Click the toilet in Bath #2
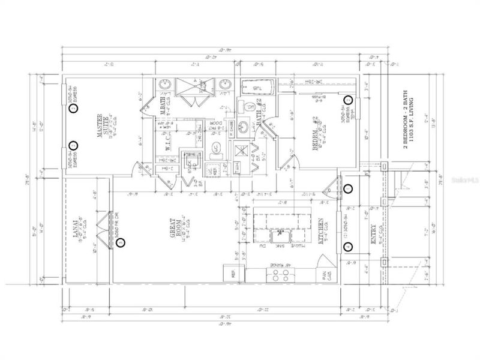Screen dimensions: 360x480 point(247,107)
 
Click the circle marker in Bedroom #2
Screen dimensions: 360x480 point(347,100)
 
